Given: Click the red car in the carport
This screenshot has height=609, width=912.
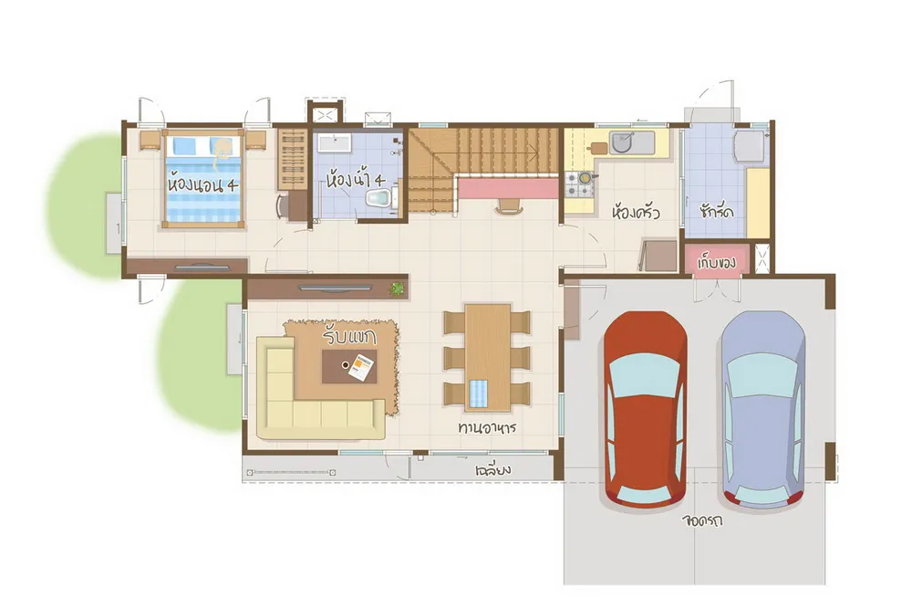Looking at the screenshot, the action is coord(645,410).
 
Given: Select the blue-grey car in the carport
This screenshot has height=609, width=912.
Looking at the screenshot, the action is coord(763,410).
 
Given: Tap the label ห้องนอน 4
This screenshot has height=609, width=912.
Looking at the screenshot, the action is coord(202,185).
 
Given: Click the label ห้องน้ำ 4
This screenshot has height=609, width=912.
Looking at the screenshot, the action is coord(356,178).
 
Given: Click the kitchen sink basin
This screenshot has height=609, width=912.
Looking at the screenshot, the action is coord(622,142).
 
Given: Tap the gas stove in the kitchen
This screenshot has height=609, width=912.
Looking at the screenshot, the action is coord(579,184).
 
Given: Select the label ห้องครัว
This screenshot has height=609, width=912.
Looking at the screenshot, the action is coord(636,212).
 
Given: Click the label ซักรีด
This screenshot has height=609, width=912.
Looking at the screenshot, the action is coord(716,210).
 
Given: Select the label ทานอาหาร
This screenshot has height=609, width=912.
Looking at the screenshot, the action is coord(487,428).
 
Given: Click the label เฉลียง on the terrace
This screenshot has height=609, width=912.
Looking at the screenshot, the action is coord(492,468).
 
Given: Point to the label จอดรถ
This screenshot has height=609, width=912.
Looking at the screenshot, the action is coord(702,520).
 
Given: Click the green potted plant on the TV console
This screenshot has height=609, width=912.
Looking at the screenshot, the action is coord(398,289).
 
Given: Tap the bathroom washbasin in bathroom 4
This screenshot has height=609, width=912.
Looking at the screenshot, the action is coord(333,143).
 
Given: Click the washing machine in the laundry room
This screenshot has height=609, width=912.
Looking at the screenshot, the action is coord(750,146).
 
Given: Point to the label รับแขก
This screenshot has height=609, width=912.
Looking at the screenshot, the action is coord(350,337).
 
